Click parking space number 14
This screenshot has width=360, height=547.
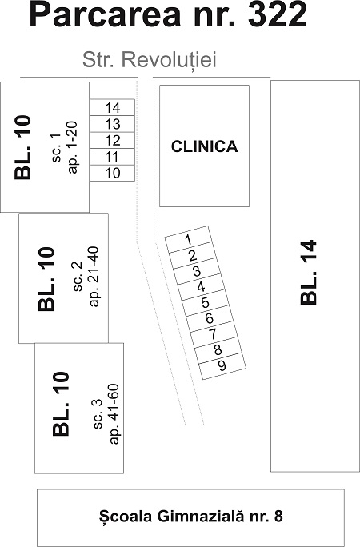(112, 107)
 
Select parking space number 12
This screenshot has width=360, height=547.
(112, 140)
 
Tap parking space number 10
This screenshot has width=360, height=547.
(112, 173)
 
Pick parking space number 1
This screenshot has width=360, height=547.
(188, 239)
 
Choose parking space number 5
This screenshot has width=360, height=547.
(205, 302)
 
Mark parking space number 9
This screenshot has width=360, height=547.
(222, 365)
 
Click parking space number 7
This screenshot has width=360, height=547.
(214, 333)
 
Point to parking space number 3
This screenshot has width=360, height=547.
(197, 271)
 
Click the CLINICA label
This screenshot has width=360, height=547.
(205, 146)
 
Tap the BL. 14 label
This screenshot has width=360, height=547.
(309, 273)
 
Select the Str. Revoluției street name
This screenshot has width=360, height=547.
(150, 60)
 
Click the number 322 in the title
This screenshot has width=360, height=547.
(278, 16)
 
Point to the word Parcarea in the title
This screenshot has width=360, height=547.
(106, 16)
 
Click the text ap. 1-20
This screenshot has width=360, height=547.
(73, 147)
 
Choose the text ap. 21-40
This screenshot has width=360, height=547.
(94, 277)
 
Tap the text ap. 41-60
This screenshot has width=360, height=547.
(114, 414)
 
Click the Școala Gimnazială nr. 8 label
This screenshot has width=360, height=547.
(191, 516)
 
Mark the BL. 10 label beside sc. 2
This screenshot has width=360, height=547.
(46, 279)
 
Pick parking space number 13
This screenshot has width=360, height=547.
(112, 124)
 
